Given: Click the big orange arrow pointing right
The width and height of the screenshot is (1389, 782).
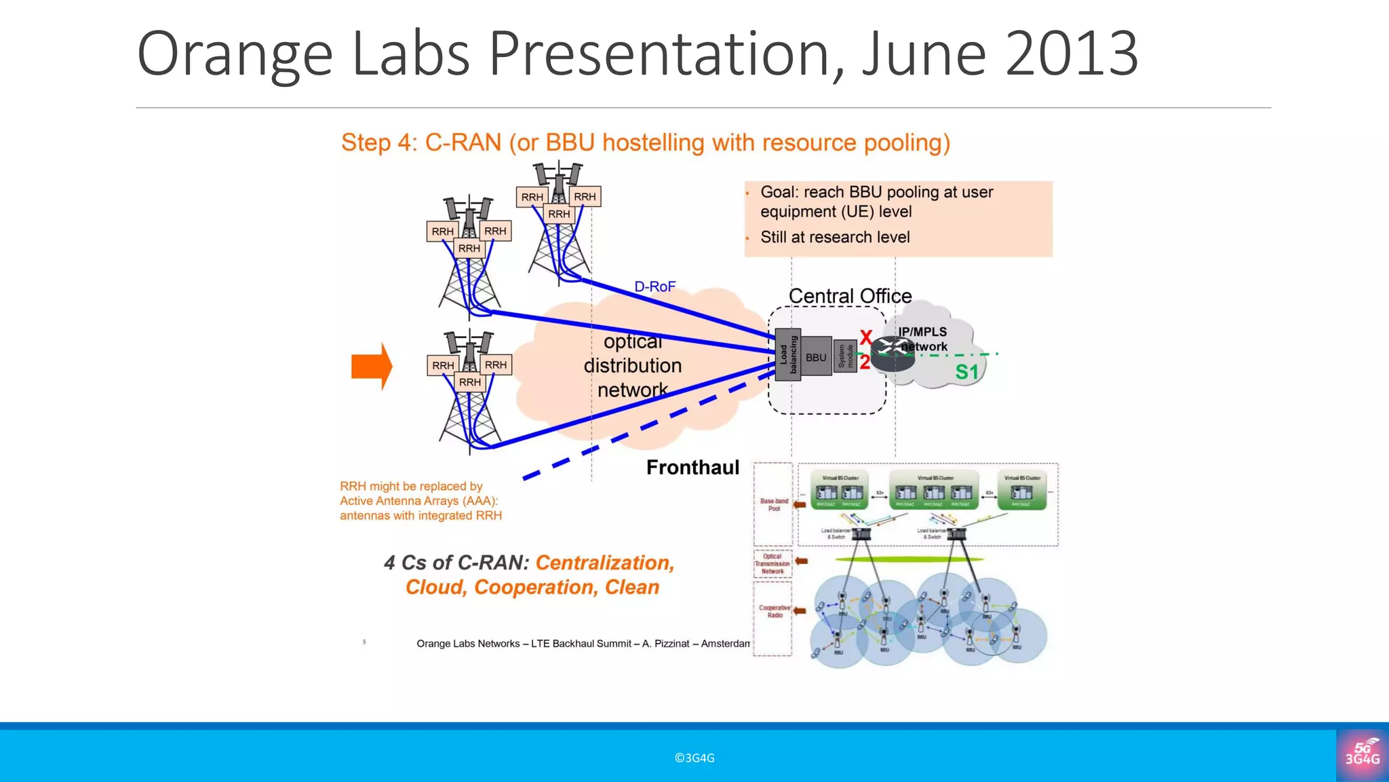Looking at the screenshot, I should click(371, 367).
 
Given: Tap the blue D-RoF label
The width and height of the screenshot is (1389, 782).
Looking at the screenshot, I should click(654, 286).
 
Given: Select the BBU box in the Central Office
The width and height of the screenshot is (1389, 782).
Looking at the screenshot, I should click(816, 357).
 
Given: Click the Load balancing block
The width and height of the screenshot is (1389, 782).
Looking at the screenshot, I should click(788, 354).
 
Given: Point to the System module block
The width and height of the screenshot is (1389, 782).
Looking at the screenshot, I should click(845, 356).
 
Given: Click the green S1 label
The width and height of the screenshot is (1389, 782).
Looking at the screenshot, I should click(967, 372).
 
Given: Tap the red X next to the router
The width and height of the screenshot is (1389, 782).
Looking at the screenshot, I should click(865, 337).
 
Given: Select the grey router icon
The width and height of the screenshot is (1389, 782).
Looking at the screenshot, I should click(892, 353).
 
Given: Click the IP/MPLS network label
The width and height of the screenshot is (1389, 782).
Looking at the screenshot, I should click(923, 339).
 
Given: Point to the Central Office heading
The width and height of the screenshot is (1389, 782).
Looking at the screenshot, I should click(850, 296).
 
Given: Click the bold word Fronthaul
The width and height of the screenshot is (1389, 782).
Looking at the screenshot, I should click(692, 467).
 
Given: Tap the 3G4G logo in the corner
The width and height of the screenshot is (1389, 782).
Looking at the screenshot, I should click(1362, 755).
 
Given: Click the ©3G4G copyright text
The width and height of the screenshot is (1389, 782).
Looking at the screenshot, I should click(694, 758).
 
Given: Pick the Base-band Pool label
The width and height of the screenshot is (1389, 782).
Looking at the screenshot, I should click(774, 504).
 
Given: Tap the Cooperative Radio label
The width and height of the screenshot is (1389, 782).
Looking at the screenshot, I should click(775, 611).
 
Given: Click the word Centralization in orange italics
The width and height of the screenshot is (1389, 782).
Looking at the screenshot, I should click(604, 563).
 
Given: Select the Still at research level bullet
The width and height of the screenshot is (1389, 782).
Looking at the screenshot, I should click(835, 237).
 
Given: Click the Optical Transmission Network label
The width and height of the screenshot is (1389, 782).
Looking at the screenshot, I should click(772, 563).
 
